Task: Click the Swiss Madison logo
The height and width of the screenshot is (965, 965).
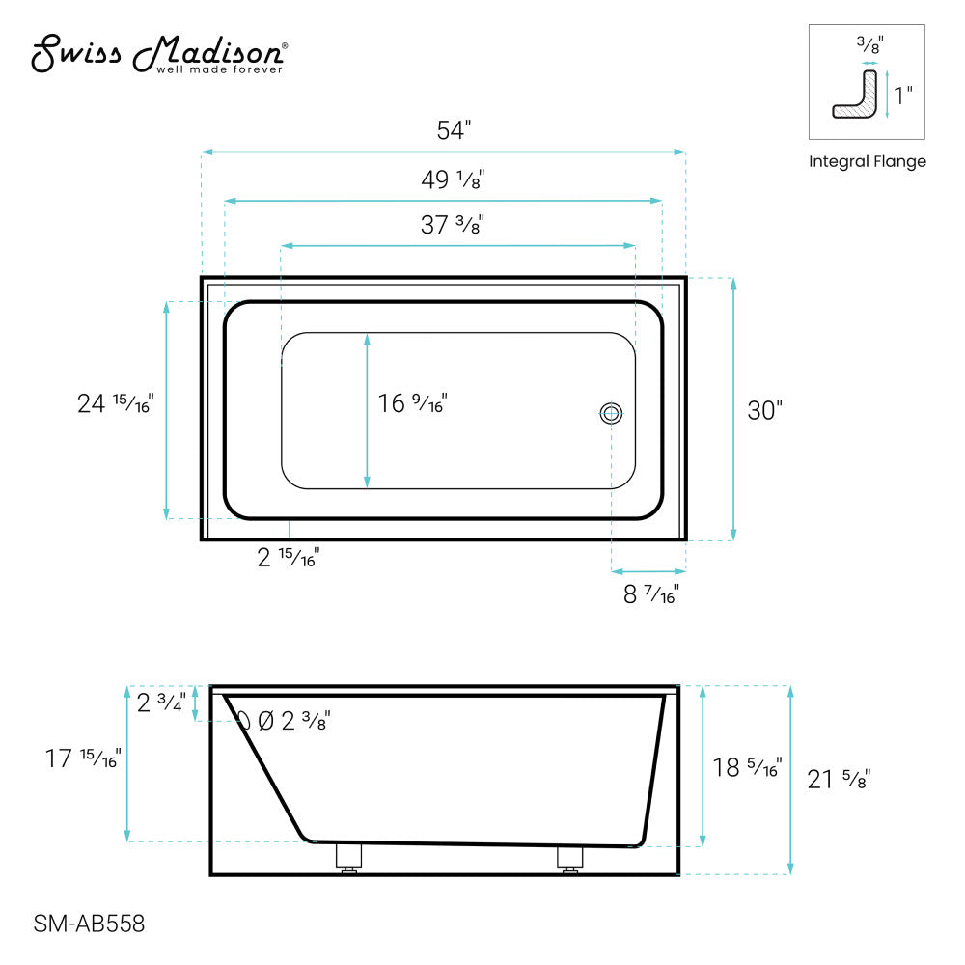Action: [x=158, y=55]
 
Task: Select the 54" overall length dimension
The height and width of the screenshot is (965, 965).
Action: [x=453, y=131]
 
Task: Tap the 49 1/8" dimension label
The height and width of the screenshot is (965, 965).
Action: [x=453, y=179]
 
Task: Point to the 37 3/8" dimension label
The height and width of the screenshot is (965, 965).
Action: [x=452, y=225]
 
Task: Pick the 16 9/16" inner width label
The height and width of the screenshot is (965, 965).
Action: [x=413, y=403]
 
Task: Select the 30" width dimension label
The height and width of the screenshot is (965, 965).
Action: [x=764, y=410]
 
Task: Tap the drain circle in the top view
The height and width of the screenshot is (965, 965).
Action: [x=611, y=414]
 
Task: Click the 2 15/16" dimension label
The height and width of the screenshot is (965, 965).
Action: [x=289, y=558]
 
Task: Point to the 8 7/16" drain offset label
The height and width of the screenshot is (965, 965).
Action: [x=650, y=594]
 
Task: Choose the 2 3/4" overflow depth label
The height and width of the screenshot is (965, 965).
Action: [x=161, y=703]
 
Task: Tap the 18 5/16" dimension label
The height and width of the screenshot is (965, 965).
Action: [x=747, y=767]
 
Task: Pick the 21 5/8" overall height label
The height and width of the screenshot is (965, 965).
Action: [x=839, y=779]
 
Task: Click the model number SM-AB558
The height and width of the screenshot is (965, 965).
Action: [x=89, y=924]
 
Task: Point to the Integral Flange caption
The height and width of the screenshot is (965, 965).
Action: [x=867, y=162]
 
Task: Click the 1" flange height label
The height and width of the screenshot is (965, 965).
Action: [x=903, y=96]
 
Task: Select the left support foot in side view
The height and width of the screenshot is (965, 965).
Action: [x=347, y=859]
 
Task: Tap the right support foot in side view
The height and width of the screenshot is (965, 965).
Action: [x=569, y=859]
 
